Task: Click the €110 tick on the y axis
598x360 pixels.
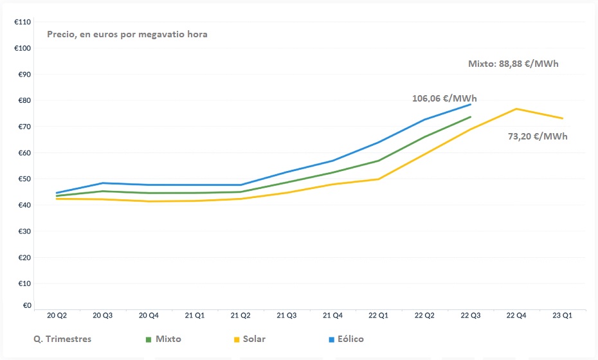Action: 23,22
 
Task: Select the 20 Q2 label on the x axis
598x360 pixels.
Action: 57,316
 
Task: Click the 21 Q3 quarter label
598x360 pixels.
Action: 287,316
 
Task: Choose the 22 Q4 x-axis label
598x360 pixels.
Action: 516,316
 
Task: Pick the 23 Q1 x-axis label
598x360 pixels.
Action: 563,316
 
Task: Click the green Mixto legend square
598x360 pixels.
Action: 148,339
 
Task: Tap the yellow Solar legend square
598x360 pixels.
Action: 237,339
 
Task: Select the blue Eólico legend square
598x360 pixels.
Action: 331,339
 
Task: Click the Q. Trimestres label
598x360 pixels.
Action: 62,339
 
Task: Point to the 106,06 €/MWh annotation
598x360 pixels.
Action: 444,98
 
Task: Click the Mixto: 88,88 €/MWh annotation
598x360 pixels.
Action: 518,64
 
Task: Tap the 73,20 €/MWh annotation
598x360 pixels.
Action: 538,136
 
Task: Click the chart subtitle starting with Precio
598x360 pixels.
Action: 127,34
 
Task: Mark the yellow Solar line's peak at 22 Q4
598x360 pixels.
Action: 516,109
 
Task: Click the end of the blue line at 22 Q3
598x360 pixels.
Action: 471,104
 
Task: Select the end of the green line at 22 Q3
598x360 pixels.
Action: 471,117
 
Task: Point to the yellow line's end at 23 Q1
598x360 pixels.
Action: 563,118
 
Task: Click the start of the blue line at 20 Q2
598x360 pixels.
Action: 57,193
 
